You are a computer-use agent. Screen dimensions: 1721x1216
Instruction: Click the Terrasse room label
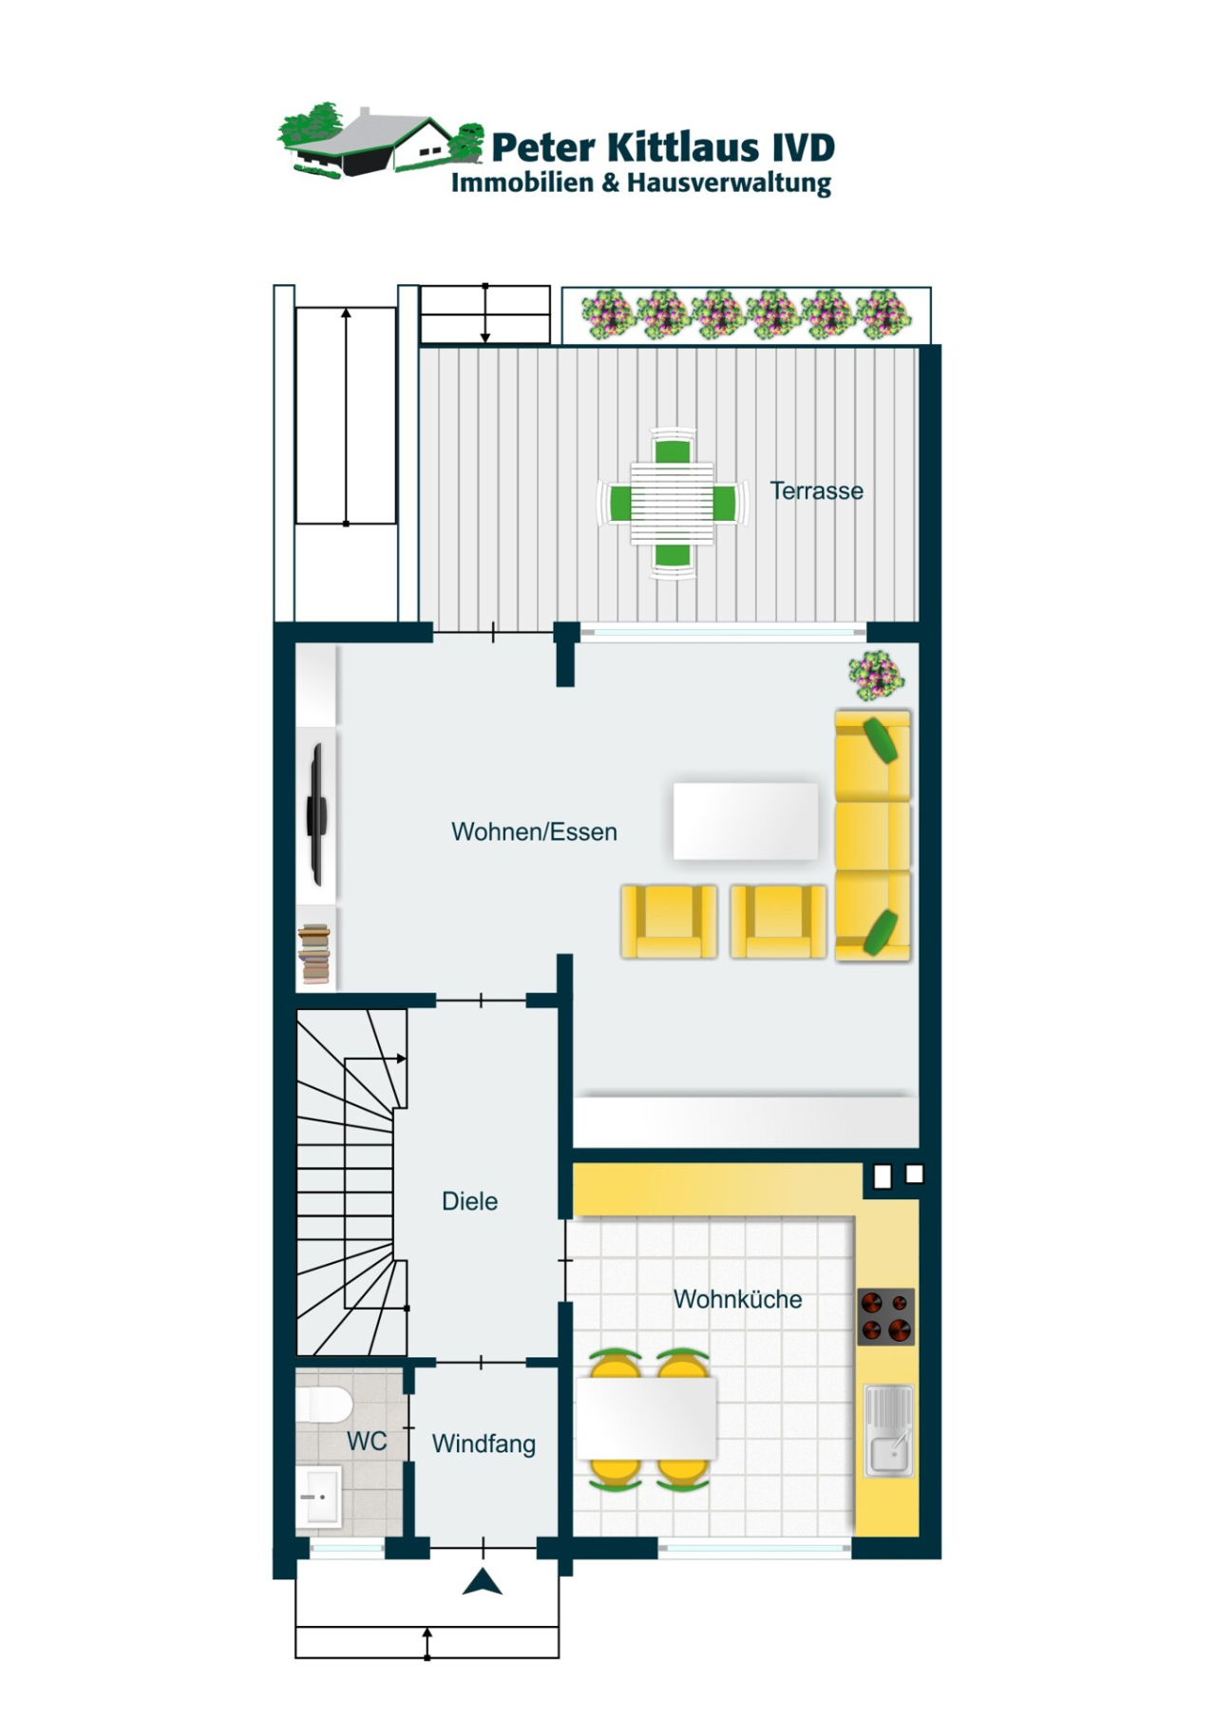[x=816, y=491]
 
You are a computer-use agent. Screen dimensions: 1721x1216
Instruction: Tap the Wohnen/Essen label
[x=534, y=832]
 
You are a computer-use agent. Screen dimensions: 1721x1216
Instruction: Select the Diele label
[x=469, y=1201]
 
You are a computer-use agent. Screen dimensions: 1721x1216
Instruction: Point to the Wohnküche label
[x=737, y=1299]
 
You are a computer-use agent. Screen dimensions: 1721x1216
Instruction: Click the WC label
[x=367, y=1442]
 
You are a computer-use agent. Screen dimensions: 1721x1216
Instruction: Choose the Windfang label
[x=484, y=1444]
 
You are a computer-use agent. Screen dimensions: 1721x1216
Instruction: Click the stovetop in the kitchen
[x=886, y=1316]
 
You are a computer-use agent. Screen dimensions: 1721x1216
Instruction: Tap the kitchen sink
[x=888, y=1431]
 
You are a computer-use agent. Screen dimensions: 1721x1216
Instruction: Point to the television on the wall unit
[x=316, y=815]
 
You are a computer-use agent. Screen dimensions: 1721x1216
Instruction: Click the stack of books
[x=314, y=954]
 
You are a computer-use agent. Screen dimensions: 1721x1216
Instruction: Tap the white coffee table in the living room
[x=746, y=821]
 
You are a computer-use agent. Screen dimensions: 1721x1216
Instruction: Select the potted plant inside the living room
[x=876, y=675]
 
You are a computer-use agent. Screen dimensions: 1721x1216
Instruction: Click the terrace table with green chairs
[x=673, y=504]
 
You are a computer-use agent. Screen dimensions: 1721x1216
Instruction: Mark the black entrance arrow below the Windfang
[x=483, y=1582]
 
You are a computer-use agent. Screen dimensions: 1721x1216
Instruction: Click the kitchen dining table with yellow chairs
[x=646, y=1418]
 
